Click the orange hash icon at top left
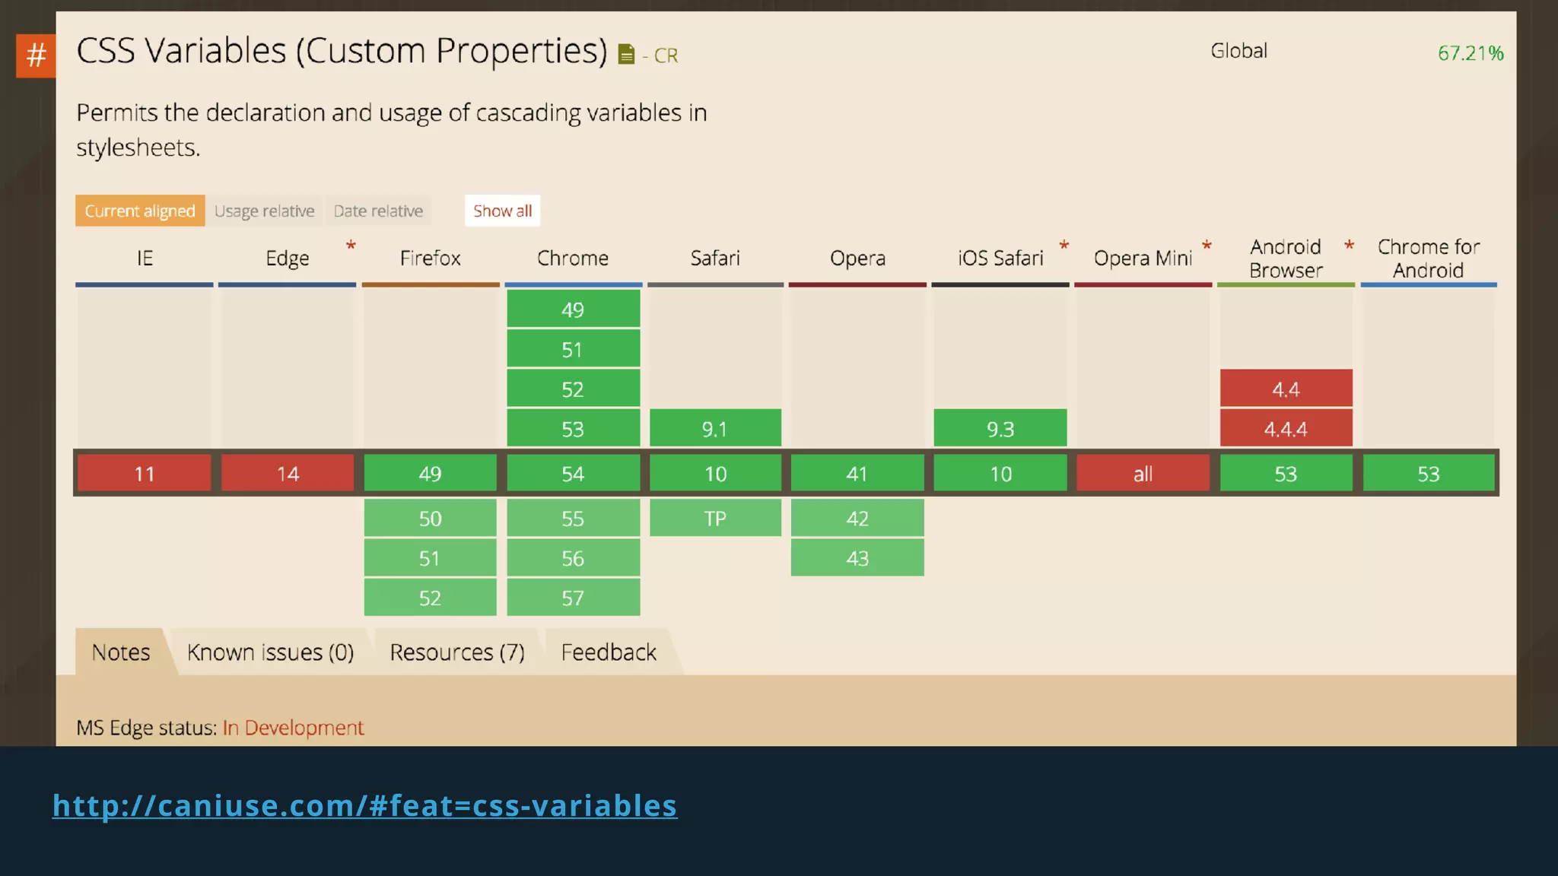(x=36, y=56)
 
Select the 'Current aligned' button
(x=140, y=211)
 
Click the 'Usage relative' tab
(x=264, y=211)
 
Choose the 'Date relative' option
(x=378, y=211)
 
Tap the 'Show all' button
(x=502, y=211)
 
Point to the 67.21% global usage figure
(x=1470, y=53)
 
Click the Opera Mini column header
(x=1143, y=259)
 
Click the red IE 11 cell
(x=145, y=474)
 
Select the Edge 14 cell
(x=288, y=474)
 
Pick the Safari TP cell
(x=715, y=519)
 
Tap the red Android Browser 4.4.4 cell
(x=1286, y=429)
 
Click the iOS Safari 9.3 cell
(x=1000, y=429)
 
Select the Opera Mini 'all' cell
(x=1143, y=474)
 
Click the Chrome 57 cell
(x=573, y=598)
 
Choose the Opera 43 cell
(x=857, y=558)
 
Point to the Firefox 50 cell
(x=430, y=519)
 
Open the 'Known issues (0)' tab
(x=270, y=652)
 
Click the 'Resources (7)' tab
(x=457, y=652)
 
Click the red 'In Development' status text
(x=293, y=728)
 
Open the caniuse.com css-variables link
(x=364, y=805)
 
